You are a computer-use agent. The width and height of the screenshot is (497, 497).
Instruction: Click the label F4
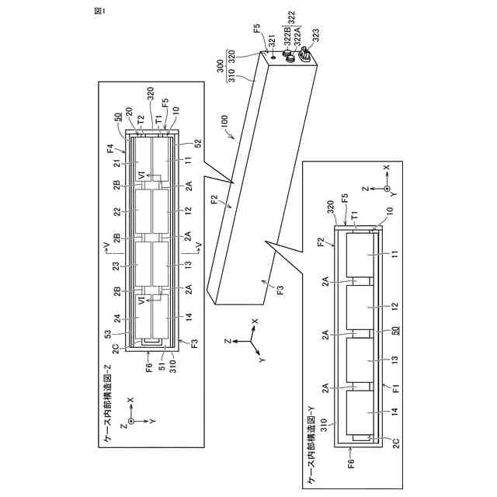click(x=111, y=148)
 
